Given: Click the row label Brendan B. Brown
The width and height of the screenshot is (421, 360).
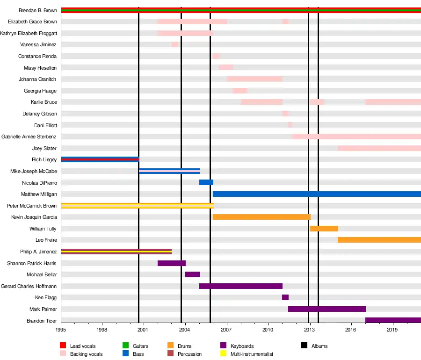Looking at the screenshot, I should (38, 10).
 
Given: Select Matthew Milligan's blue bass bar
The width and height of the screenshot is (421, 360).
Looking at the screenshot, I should (317, 194).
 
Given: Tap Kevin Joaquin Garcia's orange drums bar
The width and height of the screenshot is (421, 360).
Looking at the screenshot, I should (261, 217).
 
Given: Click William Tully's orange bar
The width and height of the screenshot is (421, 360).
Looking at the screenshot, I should (324, 229).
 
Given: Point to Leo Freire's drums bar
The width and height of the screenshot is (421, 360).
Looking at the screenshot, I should (379, 240).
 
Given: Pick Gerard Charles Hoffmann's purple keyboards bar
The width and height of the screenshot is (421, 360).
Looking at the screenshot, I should (240, 286).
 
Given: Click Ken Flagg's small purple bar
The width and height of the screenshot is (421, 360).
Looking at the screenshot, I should (285, 297).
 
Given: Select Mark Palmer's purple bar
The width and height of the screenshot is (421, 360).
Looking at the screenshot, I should (327, 309).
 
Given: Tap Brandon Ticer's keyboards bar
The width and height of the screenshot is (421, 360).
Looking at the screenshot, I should (393, 320).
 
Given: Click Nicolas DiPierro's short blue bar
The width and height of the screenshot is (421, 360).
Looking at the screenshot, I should (206, 182).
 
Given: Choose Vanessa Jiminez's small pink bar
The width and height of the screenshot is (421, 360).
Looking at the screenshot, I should (174, 44).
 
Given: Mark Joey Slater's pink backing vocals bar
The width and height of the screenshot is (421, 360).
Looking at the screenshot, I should (379, 148).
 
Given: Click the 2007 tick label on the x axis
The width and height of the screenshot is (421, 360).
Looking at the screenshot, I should (227, 330).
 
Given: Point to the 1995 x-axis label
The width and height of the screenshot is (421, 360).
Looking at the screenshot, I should (61, 330).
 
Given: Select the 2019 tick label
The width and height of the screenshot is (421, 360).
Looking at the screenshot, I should (393, 330).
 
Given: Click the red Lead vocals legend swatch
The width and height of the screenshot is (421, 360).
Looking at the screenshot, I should (63, 346).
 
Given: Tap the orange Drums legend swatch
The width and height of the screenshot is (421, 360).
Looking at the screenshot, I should (171, 346).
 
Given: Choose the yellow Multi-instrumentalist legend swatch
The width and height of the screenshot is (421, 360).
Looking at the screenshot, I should (223, 354).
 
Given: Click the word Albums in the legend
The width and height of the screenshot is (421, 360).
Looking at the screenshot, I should (319, 346).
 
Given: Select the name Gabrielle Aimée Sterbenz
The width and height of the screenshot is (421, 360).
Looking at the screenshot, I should (29, 137).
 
